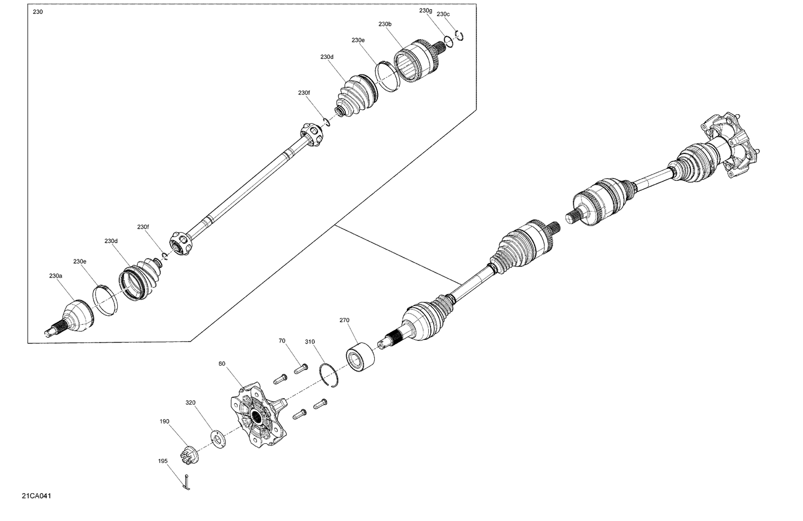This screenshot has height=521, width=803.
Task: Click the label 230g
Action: (x=426, y=11)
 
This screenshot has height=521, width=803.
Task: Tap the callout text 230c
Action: (x=443, y=14)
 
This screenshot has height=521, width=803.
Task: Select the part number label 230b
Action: (x=385, y=24)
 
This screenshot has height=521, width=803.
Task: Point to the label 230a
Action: (x=56, y=276)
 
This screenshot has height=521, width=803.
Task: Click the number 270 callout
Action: (x=344, y=321)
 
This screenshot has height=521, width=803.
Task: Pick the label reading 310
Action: (x=310, y=341)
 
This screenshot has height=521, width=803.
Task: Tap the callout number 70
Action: (x=282, y=340)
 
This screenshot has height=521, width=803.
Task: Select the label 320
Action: (x=191, y=403)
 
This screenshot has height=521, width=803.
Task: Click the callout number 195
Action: (x=163, y=461)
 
